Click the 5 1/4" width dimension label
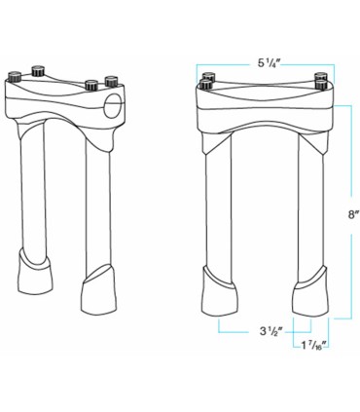[x=270, y=63]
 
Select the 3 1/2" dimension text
[x=269, y=331]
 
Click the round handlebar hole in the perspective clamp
[x=113, y=103]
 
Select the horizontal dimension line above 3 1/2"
[x=265, y=318]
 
